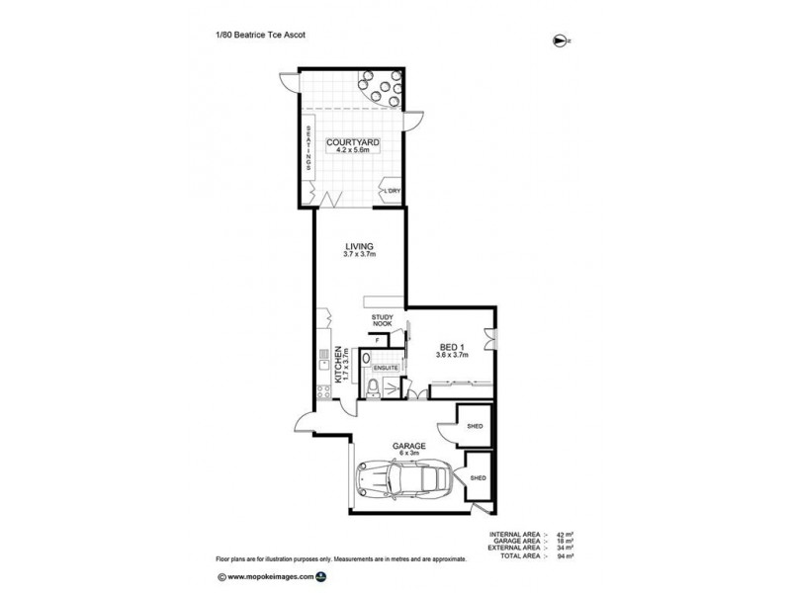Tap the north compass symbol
click(564, 41)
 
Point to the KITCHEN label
click(338, 365)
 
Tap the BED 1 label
click(451, 346)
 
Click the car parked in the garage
click(405, 481)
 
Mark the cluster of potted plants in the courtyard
click(382, 91)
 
